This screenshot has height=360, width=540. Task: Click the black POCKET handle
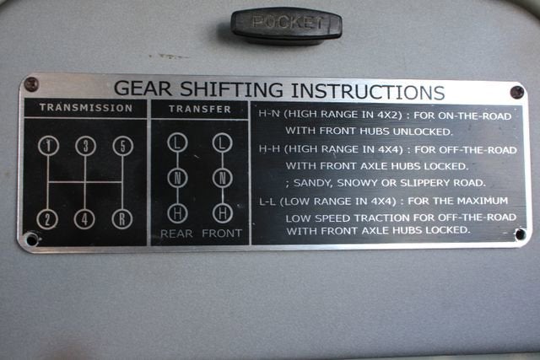(286, 24)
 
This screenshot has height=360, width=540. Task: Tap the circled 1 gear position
(48, 146)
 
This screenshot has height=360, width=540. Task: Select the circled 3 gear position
(85, 146)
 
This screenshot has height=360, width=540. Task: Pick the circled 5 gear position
(123, 146)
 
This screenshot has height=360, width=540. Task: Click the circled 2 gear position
(47, 219)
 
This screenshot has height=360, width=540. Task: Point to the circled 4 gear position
(84, 219)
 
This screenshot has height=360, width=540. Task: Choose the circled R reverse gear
(122, 219)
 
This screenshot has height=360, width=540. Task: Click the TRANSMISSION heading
(86, 108)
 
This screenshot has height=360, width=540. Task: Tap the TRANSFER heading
(200, 109)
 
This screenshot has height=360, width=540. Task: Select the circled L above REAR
(177, 142)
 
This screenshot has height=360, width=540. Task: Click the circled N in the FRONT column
(223, 178)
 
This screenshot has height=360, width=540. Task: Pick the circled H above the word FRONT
(223, 213)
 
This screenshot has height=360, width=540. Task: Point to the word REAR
(176, 234)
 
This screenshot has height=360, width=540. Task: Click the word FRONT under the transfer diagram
(222, 234)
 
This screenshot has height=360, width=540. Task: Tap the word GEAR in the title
(143, 89)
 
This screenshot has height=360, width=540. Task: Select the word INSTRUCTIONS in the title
(368, 91)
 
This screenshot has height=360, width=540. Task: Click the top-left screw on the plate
(31, 84)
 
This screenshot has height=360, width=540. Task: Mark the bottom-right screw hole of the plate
(520, 234)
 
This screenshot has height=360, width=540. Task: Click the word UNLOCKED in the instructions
(423, 132)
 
